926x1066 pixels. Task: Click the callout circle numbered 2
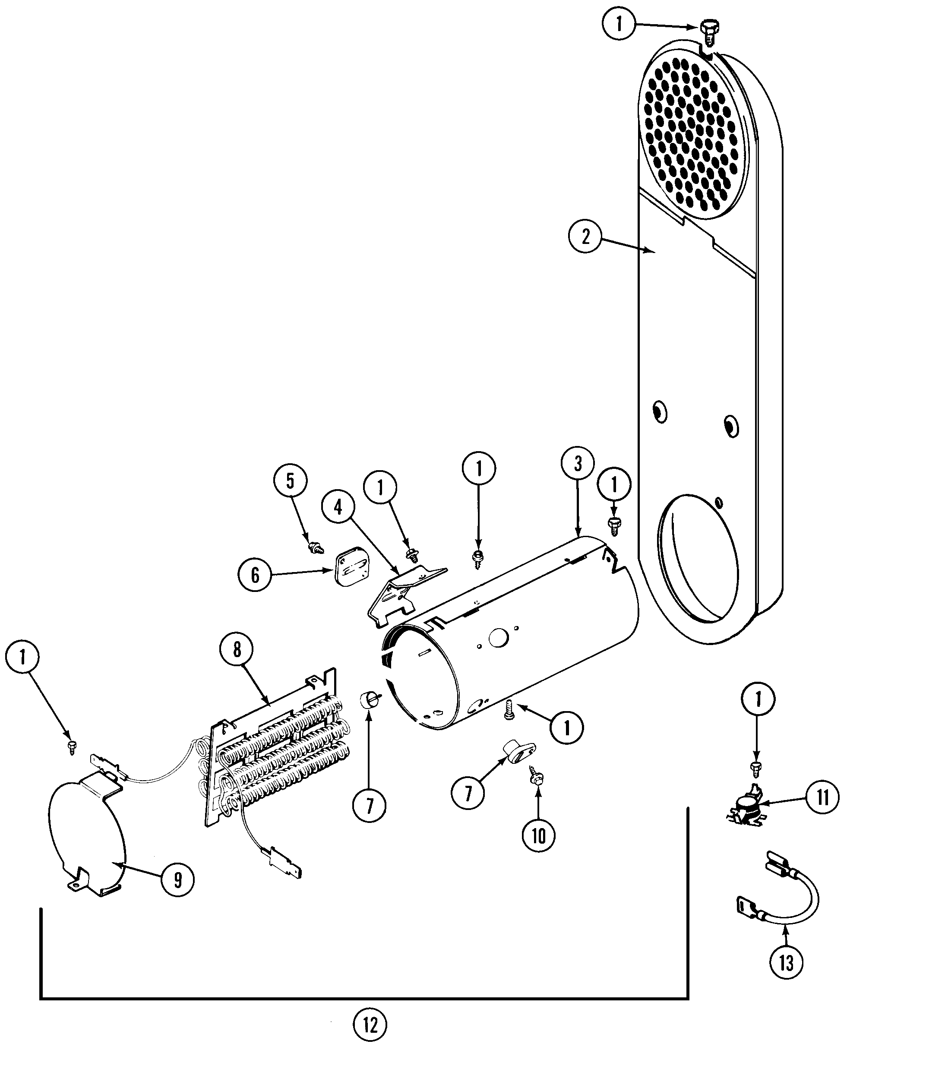click(585, 237)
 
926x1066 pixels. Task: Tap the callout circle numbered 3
click(577, 464)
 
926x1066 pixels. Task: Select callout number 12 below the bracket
click(370, 1024)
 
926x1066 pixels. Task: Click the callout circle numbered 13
click(786, 962)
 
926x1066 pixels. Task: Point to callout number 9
click(178, 880)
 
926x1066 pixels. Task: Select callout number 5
click(290, 481)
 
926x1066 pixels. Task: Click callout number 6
click(255, 575)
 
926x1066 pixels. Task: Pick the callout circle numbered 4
click(338, 507)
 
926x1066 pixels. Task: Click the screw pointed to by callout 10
click(535, 790)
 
